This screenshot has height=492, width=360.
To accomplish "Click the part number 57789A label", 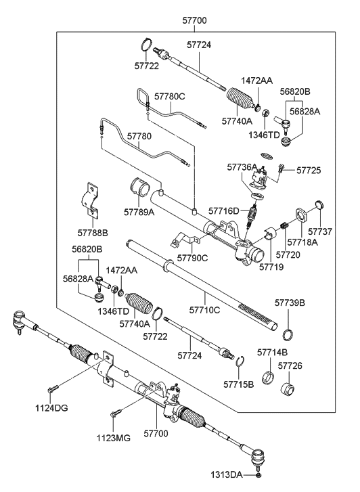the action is click(139, 212).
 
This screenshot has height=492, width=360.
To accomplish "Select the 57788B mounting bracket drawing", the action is click(91, 200).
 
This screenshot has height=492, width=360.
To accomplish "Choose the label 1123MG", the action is click(114, 438).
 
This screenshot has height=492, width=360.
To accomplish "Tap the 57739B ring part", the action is click(288, 335).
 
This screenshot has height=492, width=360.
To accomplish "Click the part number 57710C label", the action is click(204, 310).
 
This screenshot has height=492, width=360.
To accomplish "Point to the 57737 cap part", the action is click(320, 204).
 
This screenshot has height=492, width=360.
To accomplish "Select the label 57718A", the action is click(302, 242).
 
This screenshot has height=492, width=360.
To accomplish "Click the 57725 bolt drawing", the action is click(281, 168).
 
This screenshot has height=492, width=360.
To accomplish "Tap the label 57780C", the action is click(169, 96).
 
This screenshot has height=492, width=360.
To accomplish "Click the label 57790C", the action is click(192, 258).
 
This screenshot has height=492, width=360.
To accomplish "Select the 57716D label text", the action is click(224, 211).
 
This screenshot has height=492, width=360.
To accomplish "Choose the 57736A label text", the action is click(242, 167).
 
